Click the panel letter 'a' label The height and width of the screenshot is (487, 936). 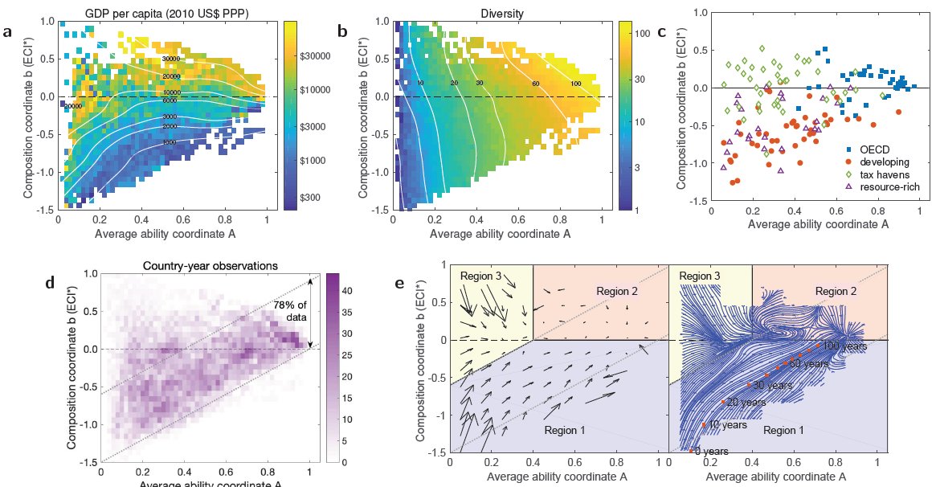point(7,32)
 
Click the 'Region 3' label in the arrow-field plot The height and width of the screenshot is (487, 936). point(481,276)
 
